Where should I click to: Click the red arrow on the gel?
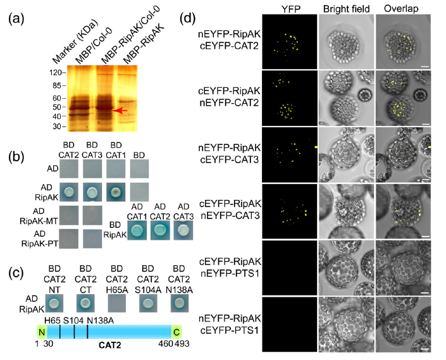click(x=120, y=111)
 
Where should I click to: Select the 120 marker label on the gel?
click(x=56, y=73)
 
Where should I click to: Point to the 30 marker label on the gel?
click(x=57, y=127)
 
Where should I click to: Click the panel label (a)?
click(x=16, y=19)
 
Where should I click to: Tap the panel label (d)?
click(x=188, y=19)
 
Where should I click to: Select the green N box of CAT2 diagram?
click(x=42, y=332)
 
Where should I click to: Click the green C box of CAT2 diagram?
click(x=177, y=332)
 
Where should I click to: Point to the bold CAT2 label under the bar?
click(x=110, y=345)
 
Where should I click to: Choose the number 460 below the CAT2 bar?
click(x=166, y=344)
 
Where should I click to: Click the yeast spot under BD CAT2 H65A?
click(x=117, y=303)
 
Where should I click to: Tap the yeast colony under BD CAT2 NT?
click(x=54, y=303)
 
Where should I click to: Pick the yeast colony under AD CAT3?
click(x=183, y=230)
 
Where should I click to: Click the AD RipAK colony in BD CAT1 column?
click(x=116, y=192)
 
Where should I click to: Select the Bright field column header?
click(x=346, y=9)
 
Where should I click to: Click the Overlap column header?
click(x=401, y=8)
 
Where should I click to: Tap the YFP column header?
click(x=291, y=9)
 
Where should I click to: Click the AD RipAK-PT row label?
click(x=40, y=239)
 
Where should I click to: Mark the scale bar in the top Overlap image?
click(x=424, y=66)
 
